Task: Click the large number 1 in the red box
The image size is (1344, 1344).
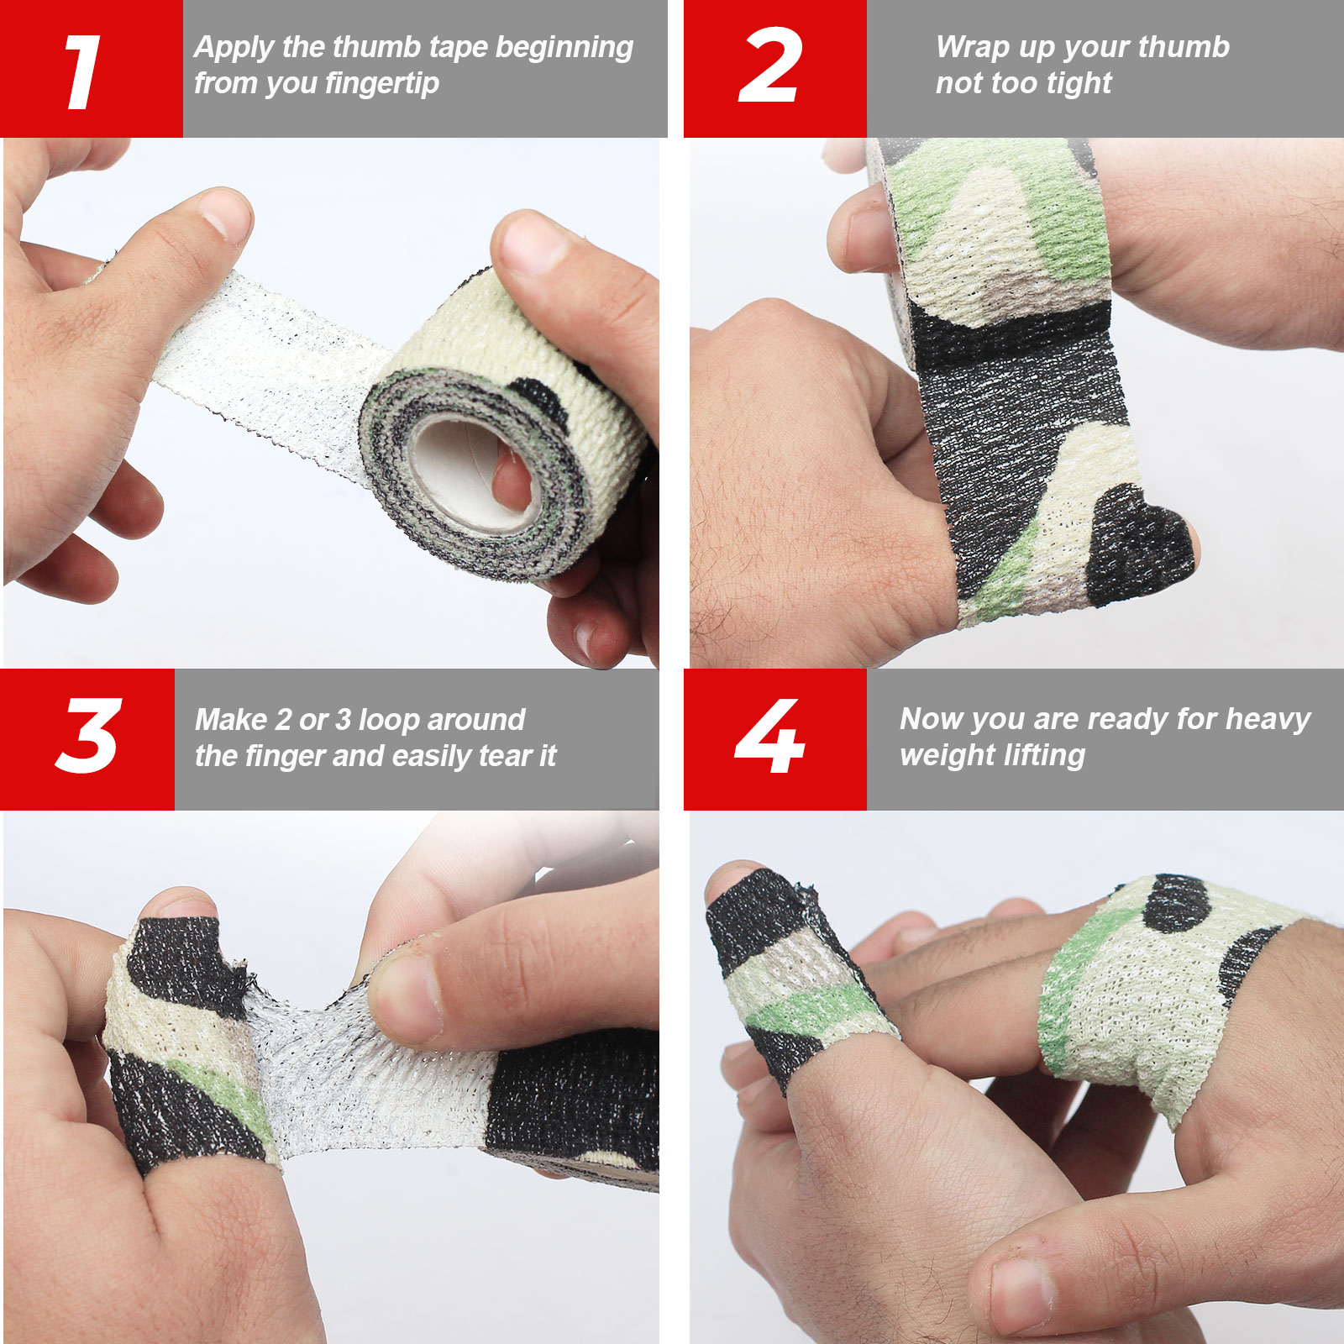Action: (83, 72)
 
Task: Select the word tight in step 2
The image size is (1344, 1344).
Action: (1079, 84)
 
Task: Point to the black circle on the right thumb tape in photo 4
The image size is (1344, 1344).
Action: (1176, 903)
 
